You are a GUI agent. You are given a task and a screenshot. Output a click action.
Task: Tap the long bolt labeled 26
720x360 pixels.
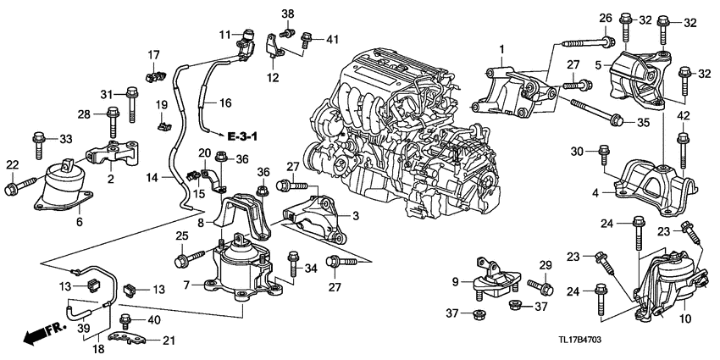coord(584,41)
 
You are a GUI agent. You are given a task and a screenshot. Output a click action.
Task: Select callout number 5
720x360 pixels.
coord(598,64)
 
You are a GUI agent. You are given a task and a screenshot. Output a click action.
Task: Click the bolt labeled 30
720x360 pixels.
coord(603,156)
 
